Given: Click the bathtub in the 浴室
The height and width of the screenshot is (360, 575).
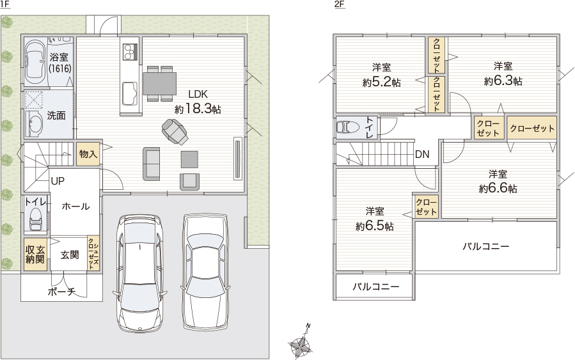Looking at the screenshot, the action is coord(35,62).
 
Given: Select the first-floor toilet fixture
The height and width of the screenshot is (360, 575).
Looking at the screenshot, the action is coord(36,219).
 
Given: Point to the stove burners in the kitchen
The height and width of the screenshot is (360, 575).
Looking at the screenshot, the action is coord(129,51).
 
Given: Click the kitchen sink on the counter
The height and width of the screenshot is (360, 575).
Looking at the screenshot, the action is coord(129,93).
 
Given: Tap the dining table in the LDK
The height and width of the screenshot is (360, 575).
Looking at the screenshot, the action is coord(159,84).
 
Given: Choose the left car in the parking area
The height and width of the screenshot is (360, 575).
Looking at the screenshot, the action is coord(139,273).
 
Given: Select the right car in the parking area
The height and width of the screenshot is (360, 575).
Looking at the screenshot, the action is coord(205,270).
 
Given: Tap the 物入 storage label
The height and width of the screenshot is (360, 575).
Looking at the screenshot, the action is coord(88,154).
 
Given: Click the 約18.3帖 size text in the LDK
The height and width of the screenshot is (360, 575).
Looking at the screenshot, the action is coord(198,109).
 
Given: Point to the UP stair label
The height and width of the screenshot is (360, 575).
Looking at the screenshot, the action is coord(58,181).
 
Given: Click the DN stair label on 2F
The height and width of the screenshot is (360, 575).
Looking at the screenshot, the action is coord(422,154).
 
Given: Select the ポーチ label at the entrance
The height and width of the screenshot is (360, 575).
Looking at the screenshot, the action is coord(61,292).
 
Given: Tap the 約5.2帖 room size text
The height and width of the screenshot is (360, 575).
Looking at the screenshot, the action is coord(381,82).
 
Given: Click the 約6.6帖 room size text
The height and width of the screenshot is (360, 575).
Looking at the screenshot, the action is coord(498,188).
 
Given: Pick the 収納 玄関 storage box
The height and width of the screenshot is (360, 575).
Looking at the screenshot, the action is coord(35,254).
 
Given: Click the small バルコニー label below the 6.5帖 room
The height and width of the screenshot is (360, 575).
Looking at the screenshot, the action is coord(376,286).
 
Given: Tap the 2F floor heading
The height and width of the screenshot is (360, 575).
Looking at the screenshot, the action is coord(339,4).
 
